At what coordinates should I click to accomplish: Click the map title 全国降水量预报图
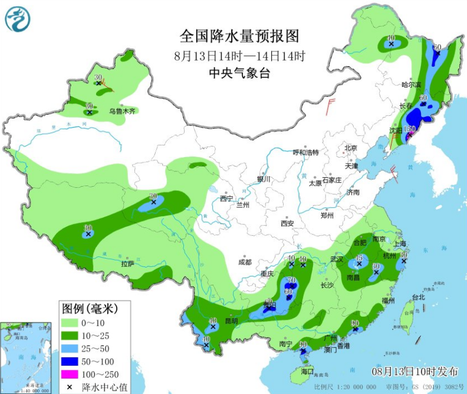pyautogui.click(x=239, y=37)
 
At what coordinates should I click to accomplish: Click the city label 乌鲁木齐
pyautogui.click(x=122, y=110)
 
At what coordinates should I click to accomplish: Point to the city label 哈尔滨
pyautogui.click(x=411, y=85)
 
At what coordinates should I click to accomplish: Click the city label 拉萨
pyautogui.click(x=127, y=264)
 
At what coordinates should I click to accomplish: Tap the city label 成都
pyautogui.click(x=245, y=262)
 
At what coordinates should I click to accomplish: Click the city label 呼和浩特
pyautogui.click(x=305, y=152)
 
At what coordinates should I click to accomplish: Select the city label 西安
pyautogui.click(x=287, y=223)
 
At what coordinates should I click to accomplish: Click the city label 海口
pyautogui.click(x=307, y=372)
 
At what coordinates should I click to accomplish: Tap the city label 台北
pyautogui.click(x=418, y=297)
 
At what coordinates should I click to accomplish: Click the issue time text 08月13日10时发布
pyautogui.click(x=415, y=372)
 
